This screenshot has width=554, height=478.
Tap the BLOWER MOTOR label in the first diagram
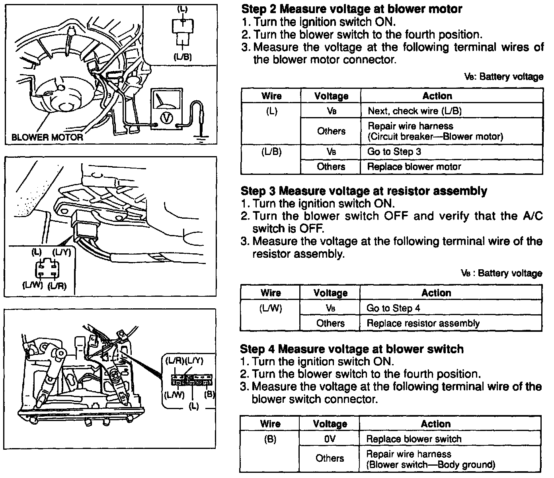coord(47,137)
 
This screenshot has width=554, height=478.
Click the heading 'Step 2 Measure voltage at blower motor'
coord(352,9)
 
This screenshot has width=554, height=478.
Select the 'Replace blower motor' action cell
coord(414,167)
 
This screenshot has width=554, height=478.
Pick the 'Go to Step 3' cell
coord(394,152)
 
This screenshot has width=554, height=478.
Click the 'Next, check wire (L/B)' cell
coord(414,111)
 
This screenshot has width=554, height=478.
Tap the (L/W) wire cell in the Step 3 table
coord(271,308)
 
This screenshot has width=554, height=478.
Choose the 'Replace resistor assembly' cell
coord(423,323)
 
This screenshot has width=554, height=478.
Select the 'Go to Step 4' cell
coord(393,308)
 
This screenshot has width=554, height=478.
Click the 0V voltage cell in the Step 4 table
coord(330,439)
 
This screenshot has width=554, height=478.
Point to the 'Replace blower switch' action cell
coord(414,439)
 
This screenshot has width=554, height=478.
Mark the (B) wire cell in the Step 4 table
coord(270,439)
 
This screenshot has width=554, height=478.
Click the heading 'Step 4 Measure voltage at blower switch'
coord(352,349)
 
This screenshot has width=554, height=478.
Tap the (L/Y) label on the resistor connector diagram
coord(61,253)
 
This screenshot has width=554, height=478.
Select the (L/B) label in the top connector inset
coord(183,57)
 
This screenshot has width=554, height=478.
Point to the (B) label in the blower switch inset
coord(209,394)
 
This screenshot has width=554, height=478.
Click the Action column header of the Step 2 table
coord(437,96)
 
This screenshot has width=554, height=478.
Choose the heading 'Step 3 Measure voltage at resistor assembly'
coord(364,191)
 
